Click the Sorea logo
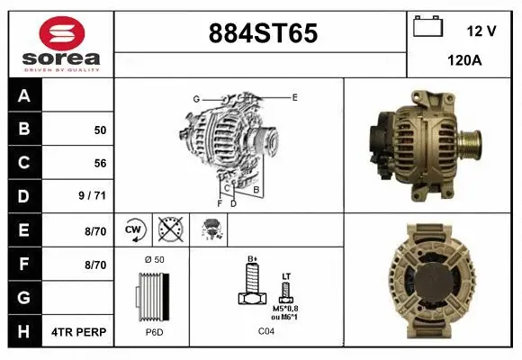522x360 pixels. click(x=61, y=43)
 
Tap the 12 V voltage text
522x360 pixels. click(x=481, y=31)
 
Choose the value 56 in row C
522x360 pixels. click(x=100, y=164)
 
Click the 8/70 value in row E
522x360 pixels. click(x=95, y=231)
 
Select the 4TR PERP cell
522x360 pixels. click(x=80, y=332)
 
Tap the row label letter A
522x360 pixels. click(x=24, y=96)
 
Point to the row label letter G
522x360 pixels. click(x=24, y=298)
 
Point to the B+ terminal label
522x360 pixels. click(x=252, y=258)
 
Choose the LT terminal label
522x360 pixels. click(x=286, y=275)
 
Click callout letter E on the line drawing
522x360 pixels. click(x=294, y=96)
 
